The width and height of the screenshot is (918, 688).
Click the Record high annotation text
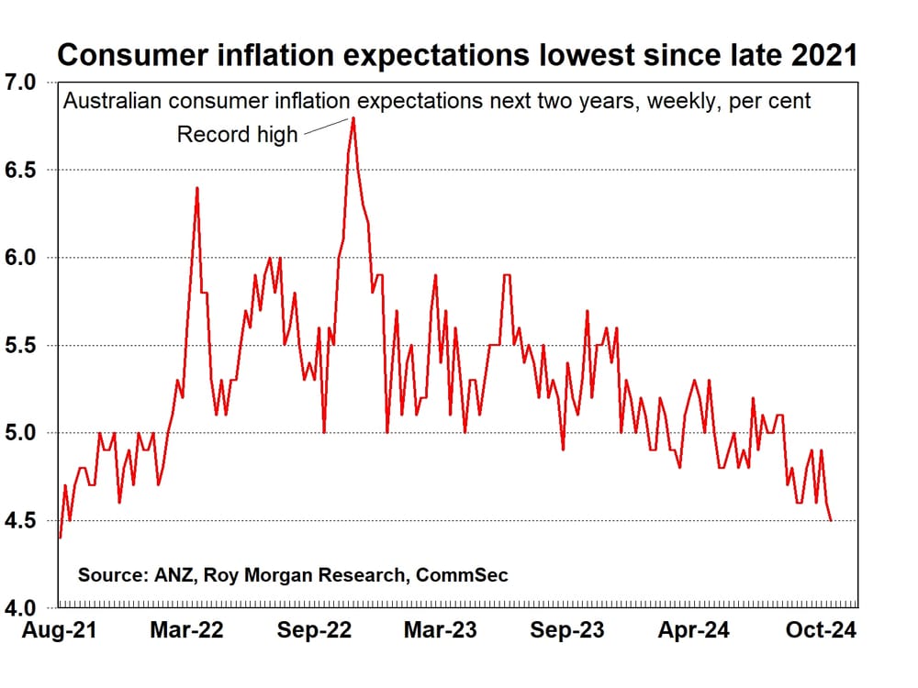[x=237, y=135]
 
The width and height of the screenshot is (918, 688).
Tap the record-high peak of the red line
[x=353, y=118]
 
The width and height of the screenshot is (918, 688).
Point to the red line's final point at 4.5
[x=831, y=520]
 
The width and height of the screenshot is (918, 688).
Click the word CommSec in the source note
[x=462, y=575]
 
